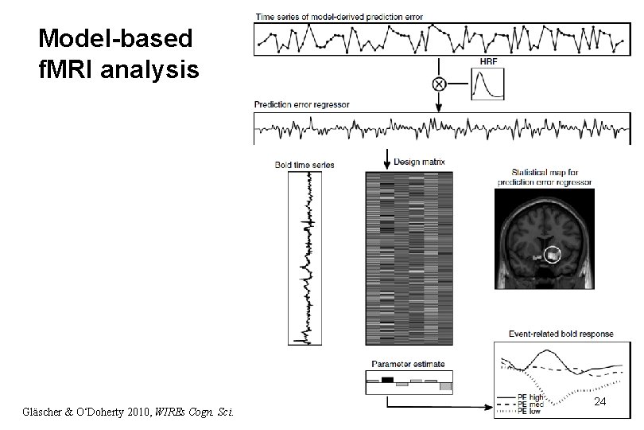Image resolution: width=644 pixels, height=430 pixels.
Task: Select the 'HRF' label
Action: pyautogui.click(x=487, y=61)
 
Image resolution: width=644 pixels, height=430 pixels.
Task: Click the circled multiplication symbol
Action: pyautogui.click(x=438, y=84)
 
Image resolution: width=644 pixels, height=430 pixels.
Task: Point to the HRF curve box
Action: pyautogui.click(x=488, y=83)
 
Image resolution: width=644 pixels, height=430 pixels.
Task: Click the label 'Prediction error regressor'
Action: pyautogui.click(x=301, y=105)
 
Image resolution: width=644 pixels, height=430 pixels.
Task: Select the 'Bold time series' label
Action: pyautogui.click(x=305, y=165)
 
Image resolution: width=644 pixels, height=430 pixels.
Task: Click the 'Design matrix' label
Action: pyautogui.click(x=419, y=162)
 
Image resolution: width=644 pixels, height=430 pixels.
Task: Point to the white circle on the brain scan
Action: pyautogui.click(x=553, y=255)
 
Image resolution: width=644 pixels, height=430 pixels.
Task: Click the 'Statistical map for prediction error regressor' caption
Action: pyautogui.click(x=544, y=177)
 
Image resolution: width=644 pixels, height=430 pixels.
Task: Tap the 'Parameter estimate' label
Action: pyautogui.click(x=408, y=364)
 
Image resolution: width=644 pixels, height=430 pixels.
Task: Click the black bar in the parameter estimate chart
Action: pyautogui.click(x=387, y=380)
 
